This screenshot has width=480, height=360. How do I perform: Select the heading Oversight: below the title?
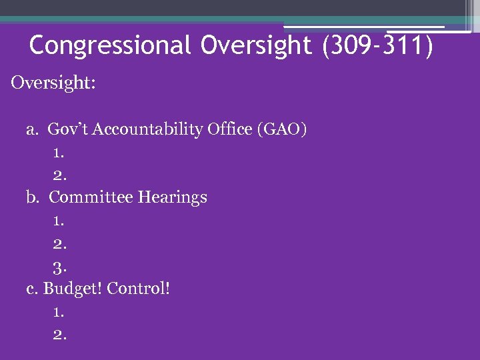(x=53, y=84)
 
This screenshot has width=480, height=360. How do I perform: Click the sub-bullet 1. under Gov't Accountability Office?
(x=59, y=153)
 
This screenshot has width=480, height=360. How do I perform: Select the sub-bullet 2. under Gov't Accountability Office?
(x=59, y=176)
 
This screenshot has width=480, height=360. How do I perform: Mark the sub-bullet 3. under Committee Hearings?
(x=59, y=267)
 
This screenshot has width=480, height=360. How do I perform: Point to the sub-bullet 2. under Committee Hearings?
(x=59, y=244)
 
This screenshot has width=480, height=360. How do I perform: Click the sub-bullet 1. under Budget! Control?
(x=59, y=312)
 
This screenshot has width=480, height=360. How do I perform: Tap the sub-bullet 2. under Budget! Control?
(x=59, y=335)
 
